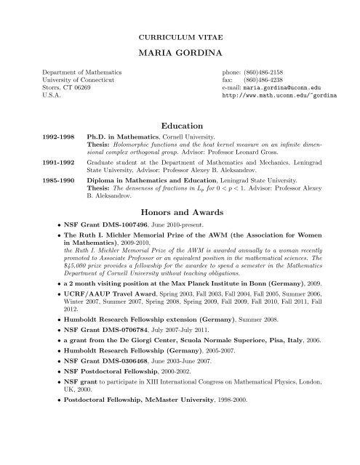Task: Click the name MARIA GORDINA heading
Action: tap(180, 53)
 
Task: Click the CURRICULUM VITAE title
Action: tap(180, 35)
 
